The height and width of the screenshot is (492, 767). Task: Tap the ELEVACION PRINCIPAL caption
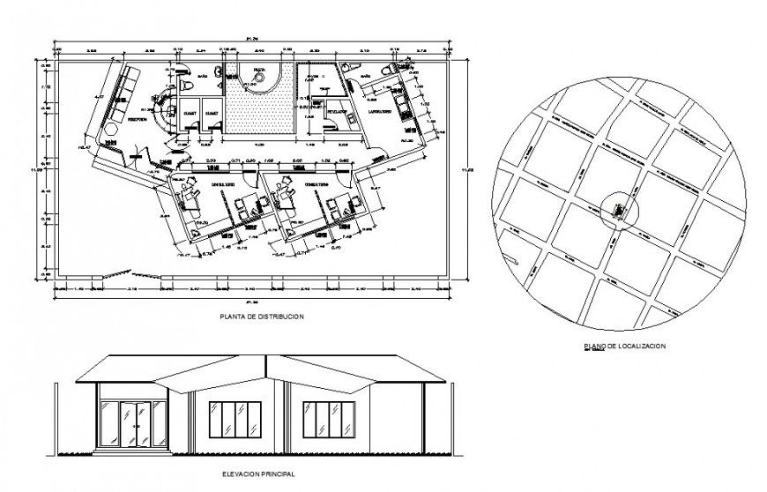pos(257,473)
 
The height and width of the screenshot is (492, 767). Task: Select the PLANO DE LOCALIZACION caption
pos(624,347)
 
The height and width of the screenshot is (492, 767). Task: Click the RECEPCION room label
pos(137,119)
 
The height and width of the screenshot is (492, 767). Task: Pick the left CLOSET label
pos(190,114)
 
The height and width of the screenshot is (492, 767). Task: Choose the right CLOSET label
pos(212,114)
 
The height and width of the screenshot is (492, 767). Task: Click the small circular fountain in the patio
pos(260,81)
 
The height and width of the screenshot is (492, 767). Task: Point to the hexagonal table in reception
pos(111,129)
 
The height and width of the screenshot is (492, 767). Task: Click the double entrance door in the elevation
pos(133,423)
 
